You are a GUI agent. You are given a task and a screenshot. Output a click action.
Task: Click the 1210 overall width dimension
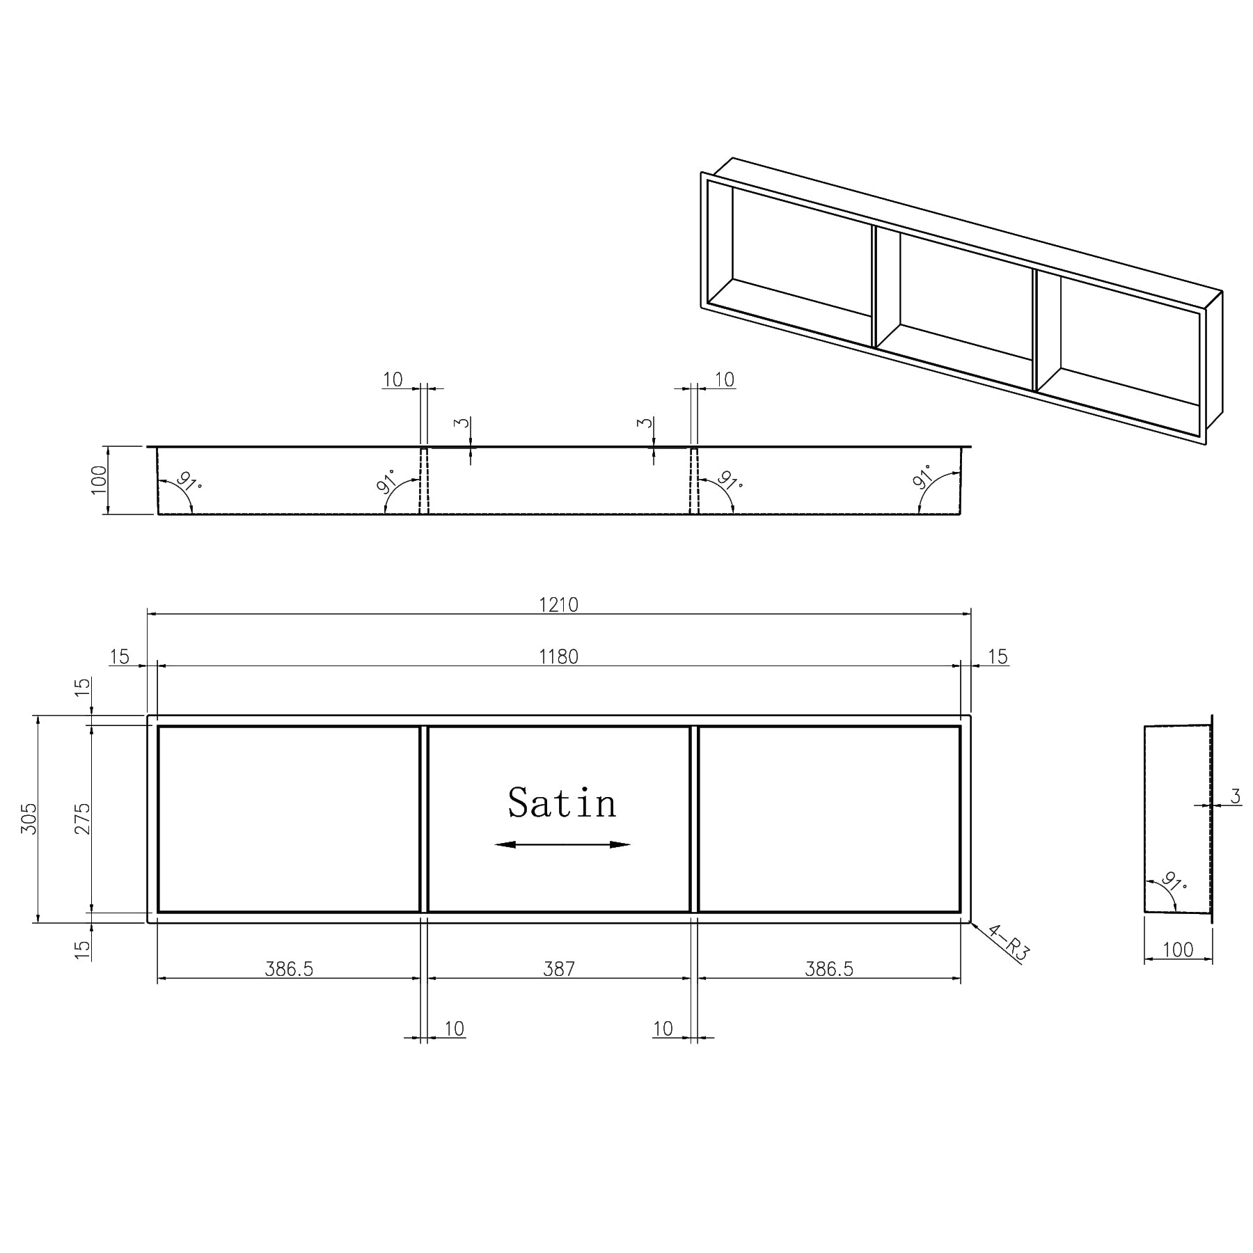558,604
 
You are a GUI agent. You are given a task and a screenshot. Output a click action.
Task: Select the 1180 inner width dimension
558,656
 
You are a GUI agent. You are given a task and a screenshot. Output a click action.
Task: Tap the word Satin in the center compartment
562,803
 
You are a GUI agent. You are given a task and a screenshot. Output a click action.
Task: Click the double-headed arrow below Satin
562,844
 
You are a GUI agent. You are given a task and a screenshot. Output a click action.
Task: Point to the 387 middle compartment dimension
559,969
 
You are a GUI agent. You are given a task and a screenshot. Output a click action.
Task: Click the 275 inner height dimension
83,819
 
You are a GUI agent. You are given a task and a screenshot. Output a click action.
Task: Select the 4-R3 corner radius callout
1009,943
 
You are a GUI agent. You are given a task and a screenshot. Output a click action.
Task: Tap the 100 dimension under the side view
1178,949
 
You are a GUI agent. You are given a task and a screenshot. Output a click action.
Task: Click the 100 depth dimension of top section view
100,480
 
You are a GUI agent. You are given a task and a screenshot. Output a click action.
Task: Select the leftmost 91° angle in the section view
187,482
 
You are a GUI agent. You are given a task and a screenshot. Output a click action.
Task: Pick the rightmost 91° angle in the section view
924,479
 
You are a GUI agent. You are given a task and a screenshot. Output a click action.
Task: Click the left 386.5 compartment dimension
289,969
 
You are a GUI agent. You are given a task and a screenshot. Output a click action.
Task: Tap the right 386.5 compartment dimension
829,969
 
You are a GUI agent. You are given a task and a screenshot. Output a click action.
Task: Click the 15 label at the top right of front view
998,656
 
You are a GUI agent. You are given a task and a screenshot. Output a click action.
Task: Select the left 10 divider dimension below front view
454,1028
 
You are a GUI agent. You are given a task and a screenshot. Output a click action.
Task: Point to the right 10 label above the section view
725,379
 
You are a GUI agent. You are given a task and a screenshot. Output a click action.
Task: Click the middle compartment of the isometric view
964,299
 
